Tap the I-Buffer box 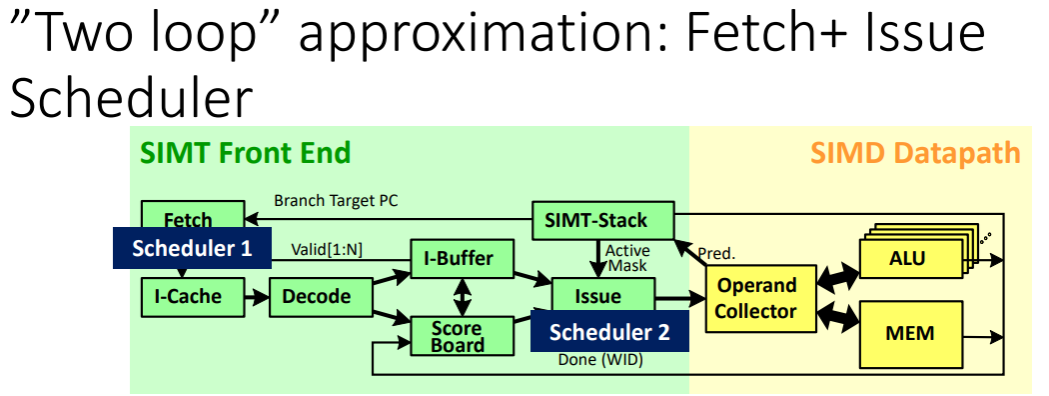click(462, 259)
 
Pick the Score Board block click(462, 336)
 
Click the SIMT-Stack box click(602, 220)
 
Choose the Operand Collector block click(761, 298)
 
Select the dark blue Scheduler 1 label click(192, 248)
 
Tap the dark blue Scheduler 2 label click(609, 331)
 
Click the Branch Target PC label click(336, 200)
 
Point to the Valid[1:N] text click(327, 249)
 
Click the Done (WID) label click(600, 360)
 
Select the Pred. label click(716, 253)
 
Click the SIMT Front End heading click(245, 153)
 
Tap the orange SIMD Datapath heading click(915, 153)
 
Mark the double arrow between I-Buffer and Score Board click(462, 298)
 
